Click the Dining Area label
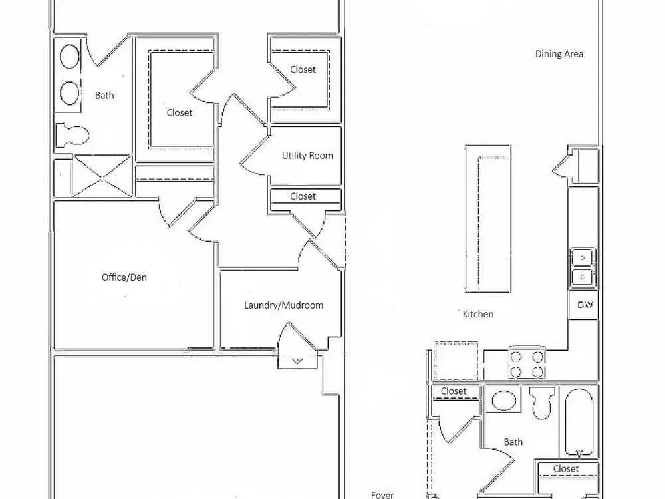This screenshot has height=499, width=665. [x=559, y=54]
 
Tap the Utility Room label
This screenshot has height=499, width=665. [x=307, y=156]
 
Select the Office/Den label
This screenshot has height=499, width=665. [x=124, y=277]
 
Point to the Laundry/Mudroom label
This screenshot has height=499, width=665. [x=284, y=305]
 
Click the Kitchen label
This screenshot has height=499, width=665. [x=478, y=315]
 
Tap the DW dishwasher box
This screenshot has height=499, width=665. [x=584, y=305]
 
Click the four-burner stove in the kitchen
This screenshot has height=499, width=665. [x=527, y=363]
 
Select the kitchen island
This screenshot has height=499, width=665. [x=488, y=219]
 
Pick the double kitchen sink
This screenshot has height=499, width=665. [x=583, y=267]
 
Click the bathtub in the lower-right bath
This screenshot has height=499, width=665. [x=579, y=422]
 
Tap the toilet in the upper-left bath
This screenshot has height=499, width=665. [x=72, y=134]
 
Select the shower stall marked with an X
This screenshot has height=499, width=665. [x=102, y=176]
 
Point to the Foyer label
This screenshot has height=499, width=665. [x=382, y=495]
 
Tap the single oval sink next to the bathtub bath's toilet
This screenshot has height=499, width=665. [x=503, y=400]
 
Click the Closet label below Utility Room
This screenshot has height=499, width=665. [x=303, y=196]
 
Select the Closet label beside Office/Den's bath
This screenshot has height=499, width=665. [x=180, y=113]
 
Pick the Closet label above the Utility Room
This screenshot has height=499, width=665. [x=303, y=70]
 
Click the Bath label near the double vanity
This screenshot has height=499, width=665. [x=104, y=95]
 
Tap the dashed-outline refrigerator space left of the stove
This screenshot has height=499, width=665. [x=456, y=360]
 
